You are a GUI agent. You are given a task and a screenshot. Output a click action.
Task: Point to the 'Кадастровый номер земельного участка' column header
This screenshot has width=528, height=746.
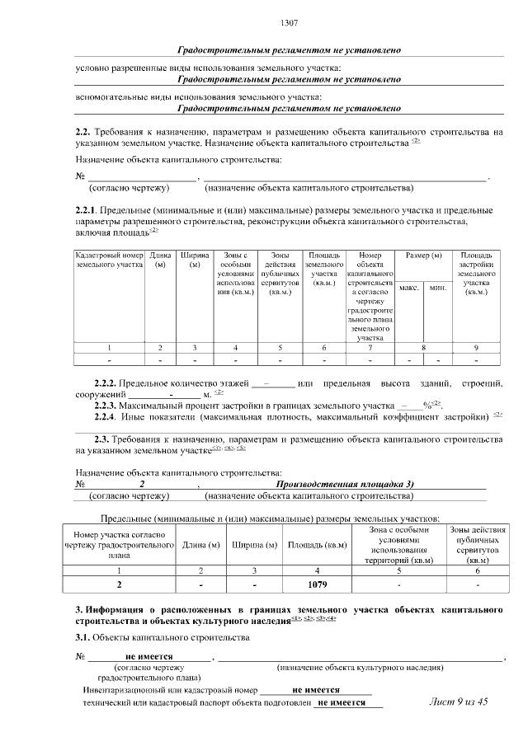click(110, 260)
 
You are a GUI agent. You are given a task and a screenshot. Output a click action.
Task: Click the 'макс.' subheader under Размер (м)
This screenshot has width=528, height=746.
click(408, 288)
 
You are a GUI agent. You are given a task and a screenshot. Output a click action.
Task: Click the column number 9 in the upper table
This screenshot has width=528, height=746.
click(476, 347)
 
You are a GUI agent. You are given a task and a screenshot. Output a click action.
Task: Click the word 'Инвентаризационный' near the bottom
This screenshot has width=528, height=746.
click(125, 689)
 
